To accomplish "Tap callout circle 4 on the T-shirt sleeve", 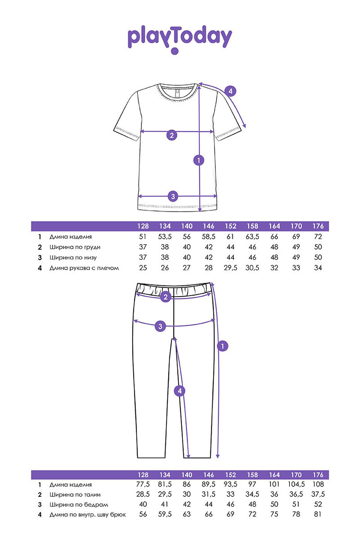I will click(230, 91).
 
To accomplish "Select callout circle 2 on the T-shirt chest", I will click(172, 135).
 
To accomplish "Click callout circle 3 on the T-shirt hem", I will click(173, 196).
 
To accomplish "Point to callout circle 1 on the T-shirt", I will click(199, 160).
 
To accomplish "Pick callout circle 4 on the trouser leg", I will click(180, 391).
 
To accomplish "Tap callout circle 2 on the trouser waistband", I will click(166, 297).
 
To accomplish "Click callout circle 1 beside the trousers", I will click(222, 346).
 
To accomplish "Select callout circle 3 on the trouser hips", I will click(160, 326).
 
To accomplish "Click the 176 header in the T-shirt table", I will click(318, 226).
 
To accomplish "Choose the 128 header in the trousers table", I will click(143, 475).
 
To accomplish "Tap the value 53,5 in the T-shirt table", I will click(165, 237).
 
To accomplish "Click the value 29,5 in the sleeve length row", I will click(230, 268).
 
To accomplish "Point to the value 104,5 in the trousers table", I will click(296, 484).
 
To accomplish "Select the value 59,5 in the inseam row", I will click(165, 514).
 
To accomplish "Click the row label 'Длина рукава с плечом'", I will click(84, 268).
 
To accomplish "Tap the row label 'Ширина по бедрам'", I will click(79, 505).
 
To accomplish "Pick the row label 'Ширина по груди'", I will click(75, 247).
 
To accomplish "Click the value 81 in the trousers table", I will click(318, 514).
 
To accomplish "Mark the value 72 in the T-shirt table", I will click(318, 237).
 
